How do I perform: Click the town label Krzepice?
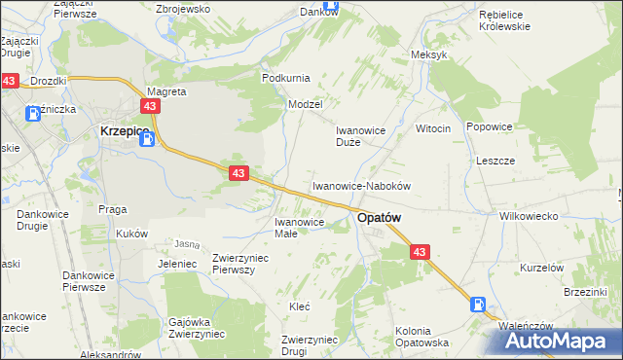(123, 130)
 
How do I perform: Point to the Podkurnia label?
(285, 77)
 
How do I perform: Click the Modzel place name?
(305, 103)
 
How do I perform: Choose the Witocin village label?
(433, 128)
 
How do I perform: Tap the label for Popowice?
(489, 126)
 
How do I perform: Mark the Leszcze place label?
(495, 161)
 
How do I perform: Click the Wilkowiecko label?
(526, 216)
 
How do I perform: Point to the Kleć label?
(300, 306)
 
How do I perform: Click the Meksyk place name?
(428, 54)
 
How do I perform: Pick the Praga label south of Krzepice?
(113, 209)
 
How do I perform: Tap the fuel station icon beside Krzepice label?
(146, 139)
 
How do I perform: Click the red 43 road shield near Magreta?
(150, 105)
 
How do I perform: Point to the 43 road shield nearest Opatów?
(419, 252)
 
